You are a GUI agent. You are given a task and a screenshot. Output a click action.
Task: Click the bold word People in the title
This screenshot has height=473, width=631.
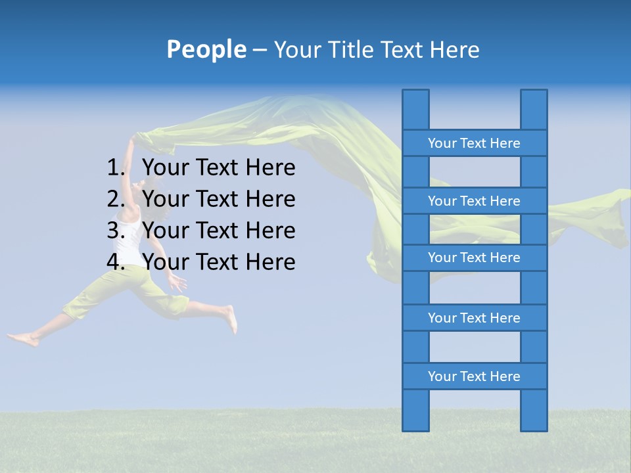pyautogui.click(x=206, y=49)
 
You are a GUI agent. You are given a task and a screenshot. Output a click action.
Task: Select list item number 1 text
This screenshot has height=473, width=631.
pyautogui.click(x=218, y=168)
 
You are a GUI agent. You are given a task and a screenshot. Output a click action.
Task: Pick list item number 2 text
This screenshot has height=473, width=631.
pyautogui.click(x=218, y=199)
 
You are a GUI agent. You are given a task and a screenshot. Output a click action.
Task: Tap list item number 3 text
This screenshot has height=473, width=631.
pyautogui.click(x=218, y=231)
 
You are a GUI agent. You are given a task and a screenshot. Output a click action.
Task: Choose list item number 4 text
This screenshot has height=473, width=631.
pyautogui.click(x=218, y=262)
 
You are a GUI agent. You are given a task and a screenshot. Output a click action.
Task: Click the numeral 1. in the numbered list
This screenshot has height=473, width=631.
pyautogui.click(x=116, y=168)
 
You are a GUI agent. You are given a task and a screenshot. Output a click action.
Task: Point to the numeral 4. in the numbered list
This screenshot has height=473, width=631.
pyautogui.click(x=116, y=262)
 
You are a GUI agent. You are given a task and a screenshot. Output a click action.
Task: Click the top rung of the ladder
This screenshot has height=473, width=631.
pyautogui.click(x=474, y=143)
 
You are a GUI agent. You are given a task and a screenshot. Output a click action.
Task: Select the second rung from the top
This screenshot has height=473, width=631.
pyautogui.click(x=474, y=201)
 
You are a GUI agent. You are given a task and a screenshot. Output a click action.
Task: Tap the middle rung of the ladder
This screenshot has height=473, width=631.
pyautogui.click(x=474, y=258)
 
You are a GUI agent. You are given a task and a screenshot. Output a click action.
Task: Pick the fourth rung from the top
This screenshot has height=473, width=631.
pyautogui.click(x=474, y=318)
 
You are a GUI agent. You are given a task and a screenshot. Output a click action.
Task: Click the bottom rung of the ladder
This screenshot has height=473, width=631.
pyautogui.click(x=474, y=376)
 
